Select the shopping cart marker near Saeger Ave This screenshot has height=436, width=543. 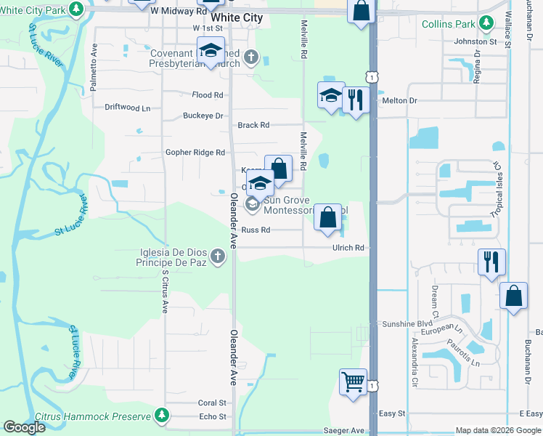tap(353, 381)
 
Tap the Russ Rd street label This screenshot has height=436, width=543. tap(256, 230)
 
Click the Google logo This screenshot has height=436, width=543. tap(24, 427)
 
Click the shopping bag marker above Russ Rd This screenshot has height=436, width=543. tap(328, 217)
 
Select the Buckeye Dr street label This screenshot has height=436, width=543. tap(203, 116)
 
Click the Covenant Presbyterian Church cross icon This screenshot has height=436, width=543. tap(250, 56)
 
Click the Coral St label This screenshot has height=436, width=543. tap(213, 403)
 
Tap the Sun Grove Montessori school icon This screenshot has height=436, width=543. tap(252, 204)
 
